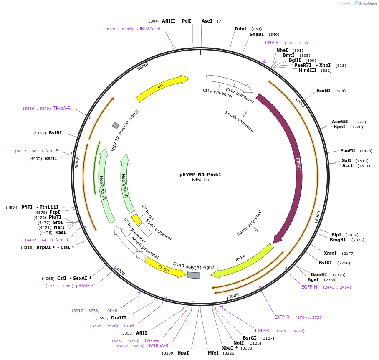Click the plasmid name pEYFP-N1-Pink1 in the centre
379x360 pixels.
pyautogui.click(x=200, y=175)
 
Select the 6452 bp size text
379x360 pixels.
pyautogui.click(x=200, y=180)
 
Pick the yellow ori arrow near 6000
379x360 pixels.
pyautogui.click(x=161, y=86)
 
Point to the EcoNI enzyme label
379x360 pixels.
pyautogui.click(x=323, y=91)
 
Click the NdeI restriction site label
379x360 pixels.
pyautogui.click(x=241, y=29)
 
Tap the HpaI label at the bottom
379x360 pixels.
pyautogui.click(x=183, y=353)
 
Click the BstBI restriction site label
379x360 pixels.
pyautogui.click(x=55, y=133)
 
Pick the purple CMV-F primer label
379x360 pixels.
pyautogui.click(x=272, y=43)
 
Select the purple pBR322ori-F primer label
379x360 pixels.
pyautogui.click(x=149, y=29)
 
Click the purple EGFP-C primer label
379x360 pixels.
pyautogui.click(x=263, y=330)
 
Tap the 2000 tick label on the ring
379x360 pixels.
pyautogui.click(x=318, y=216)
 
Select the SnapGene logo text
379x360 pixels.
pyautogui.click(x=367, y=3)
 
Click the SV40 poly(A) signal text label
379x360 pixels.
pyautogui.click(x=194, y=266)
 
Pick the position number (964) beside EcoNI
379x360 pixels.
pyautogui.click(x=341, y=91)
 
